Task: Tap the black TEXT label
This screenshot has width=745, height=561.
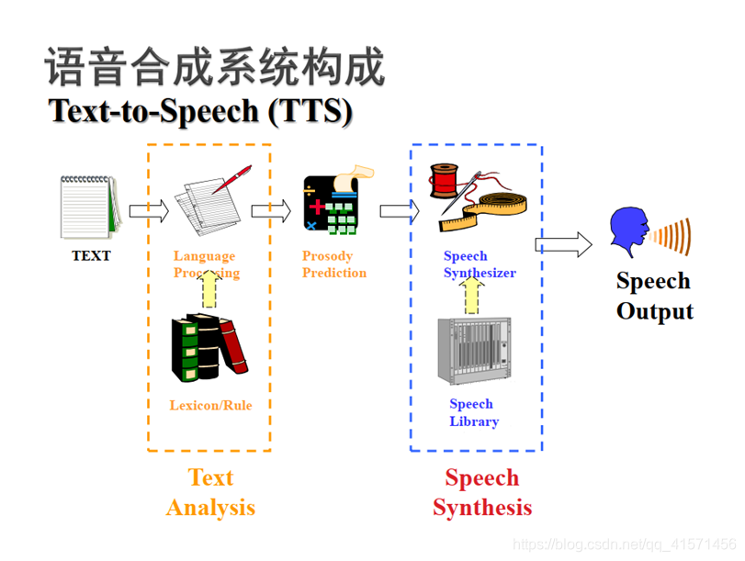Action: (91, 256)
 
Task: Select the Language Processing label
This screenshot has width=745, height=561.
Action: (206, 264)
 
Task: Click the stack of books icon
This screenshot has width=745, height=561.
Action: (209, 347)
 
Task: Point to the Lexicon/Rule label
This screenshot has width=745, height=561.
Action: (210, 405)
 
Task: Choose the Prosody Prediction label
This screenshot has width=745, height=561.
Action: (333, 264)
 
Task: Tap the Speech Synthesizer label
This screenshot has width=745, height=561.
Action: (479, 264)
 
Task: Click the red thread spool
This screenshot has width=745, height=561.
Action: (445, 181)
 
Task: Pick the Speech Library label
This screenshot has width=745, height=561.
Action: (474, 413)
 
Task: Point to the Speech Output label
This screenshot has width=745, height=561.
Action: (654, 296)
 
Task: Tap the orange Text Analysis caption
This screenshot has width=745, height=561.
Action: (210, 492)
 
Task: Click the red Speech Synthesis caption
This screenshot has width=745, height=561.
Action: (481, 492)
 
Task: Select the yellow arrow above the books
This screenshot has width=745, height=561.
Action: (209, 288)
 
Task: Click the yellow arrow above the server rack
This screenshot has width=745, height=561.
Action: (472, 295)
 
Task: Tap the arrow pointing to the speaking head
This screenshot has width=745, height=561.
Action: (563, 243)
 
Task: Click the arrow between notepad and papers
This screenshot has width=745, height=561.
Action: (149, 211)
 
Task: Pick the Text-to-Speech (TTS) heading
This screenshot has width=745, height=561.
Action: (200, 111)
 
